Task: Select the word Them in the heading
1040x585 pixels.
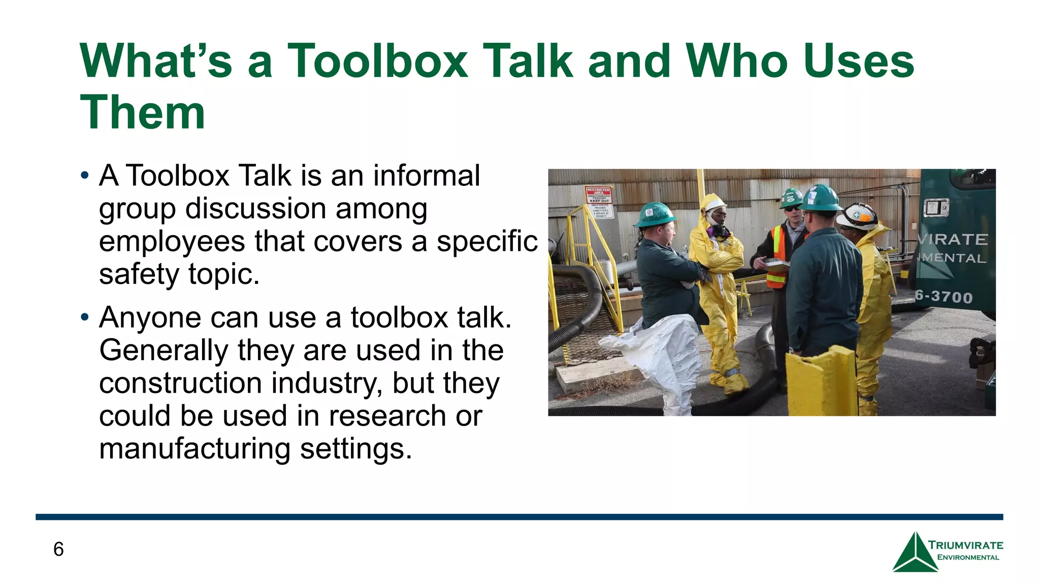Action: [143, 113]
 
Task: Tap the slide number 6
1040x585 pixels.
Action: [58, 549]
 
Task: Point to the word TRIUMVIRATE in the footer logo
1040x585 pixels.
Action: [965, 545]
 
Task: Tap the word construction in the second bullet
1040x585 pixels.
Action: [181, 383]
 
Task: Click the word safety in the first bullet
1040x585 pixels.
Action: [139, 274]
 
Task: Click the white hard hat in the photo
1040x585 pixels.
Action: [858, 215]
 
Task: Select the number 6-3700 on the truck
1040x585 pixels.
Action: [944, 297]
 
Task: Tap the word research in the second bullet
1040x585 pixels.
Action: [387, 416]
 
